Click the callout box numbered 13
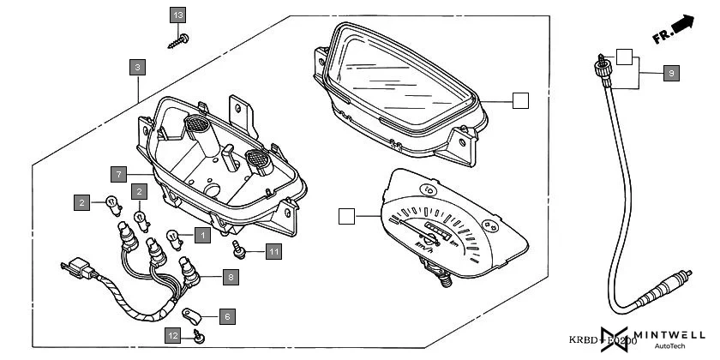(x=177, y=15)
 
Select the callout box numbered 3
(x=137, y=65)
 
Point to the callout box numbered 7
(x=119, y=174)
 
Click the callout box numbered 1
(x=201, y=233)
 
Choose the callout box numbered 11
(x=273, y=251)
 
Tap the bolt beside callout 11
(x=240, y=249)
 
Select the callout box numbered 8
(x=230, y=277)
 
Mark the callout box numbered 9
(x=671, y=74)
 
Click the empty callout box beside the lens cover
(x=520, y=100)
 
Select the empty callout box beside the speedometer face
(x=346, y=216)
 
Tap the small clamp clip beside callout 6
(x=193, y=315)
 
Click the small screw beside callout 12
(x=198, y=336)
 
